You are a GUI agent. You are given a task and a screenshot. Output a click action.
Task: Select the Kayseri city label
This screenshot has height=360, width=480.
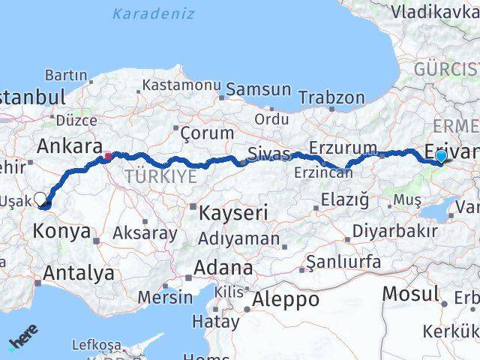(232, 213)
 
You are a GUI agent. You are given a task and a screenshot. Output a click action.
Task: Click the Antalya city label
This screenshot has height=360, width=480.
(78, 273)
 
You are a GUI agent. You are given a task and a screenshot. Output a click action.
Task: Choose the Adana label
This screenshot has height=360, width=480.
(223, 268)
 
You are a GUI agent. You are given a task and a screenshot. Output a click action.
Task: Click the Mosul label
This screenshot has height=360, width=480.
(410, 293)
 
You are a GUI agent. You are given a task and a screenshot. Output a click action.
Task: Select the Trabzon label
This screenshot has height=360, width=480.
(331, 97)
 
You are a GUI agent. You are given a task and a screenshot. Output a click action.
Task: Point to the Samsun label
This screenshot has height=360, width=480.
(258, 89)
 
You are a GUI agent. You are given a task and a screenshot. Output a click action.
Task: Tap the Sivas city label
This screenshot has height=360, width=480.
(269, 154)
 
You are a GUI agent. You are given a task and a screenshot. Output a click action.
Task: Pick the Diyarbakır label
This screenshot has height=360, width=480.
(394, 230)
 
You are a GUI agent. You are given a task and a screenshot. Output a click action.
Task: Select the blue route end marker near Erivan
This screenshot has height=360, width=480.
(441, 156)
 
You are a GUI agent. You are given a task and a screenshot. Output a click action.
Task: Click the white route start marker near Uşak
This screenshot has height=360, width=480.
(41, 199)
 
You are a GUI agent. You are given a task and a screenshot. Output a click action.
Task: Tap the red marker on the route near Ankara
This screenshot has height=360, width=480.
(108, 157)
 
